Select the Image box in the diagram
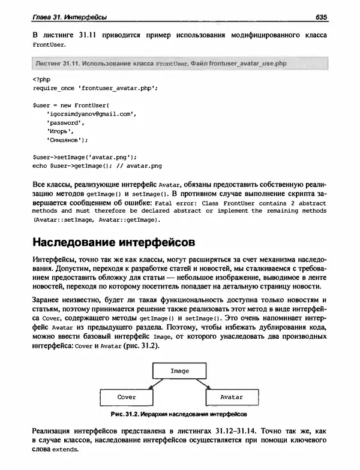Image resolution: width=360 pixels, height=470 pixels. click(x=179, y=371)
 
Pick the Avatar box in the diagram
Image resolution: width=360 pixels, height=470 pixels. click(x=232, y=397)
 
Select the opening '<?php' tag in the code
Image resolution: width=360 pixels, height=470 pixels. click(x=41, y=79)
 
